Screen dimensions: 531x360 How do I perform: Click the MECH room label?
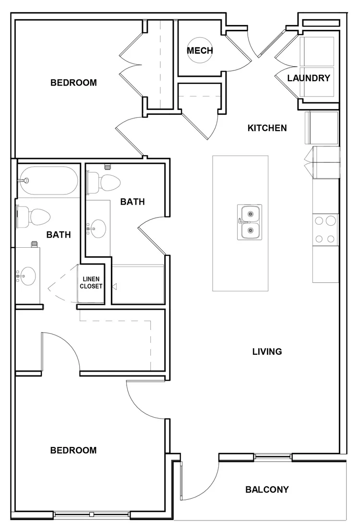200,50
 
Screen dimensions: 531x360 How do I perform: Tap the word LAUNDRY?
309,78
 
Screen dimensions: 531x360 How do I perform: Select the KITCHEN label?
267,128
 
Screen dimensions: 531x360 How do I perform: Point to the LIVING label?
267,351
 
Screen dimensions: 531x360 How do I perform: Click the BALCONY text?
267,490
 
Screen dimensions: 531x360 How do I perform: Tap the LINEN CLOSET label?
91,283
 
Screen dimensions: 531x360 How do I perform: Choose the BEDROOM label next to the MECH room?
73,83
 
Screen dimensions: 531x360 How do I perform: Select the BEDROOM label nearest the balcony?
73,450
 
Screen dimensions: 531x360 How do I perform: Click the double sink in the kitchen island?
250,222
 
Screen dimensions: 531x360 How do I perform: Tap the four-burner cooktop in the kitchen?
325,229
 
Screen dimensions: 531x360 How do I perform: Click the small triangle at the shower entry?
114,287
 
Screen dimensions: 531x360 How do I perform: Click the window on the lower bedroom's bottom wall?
91,515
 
